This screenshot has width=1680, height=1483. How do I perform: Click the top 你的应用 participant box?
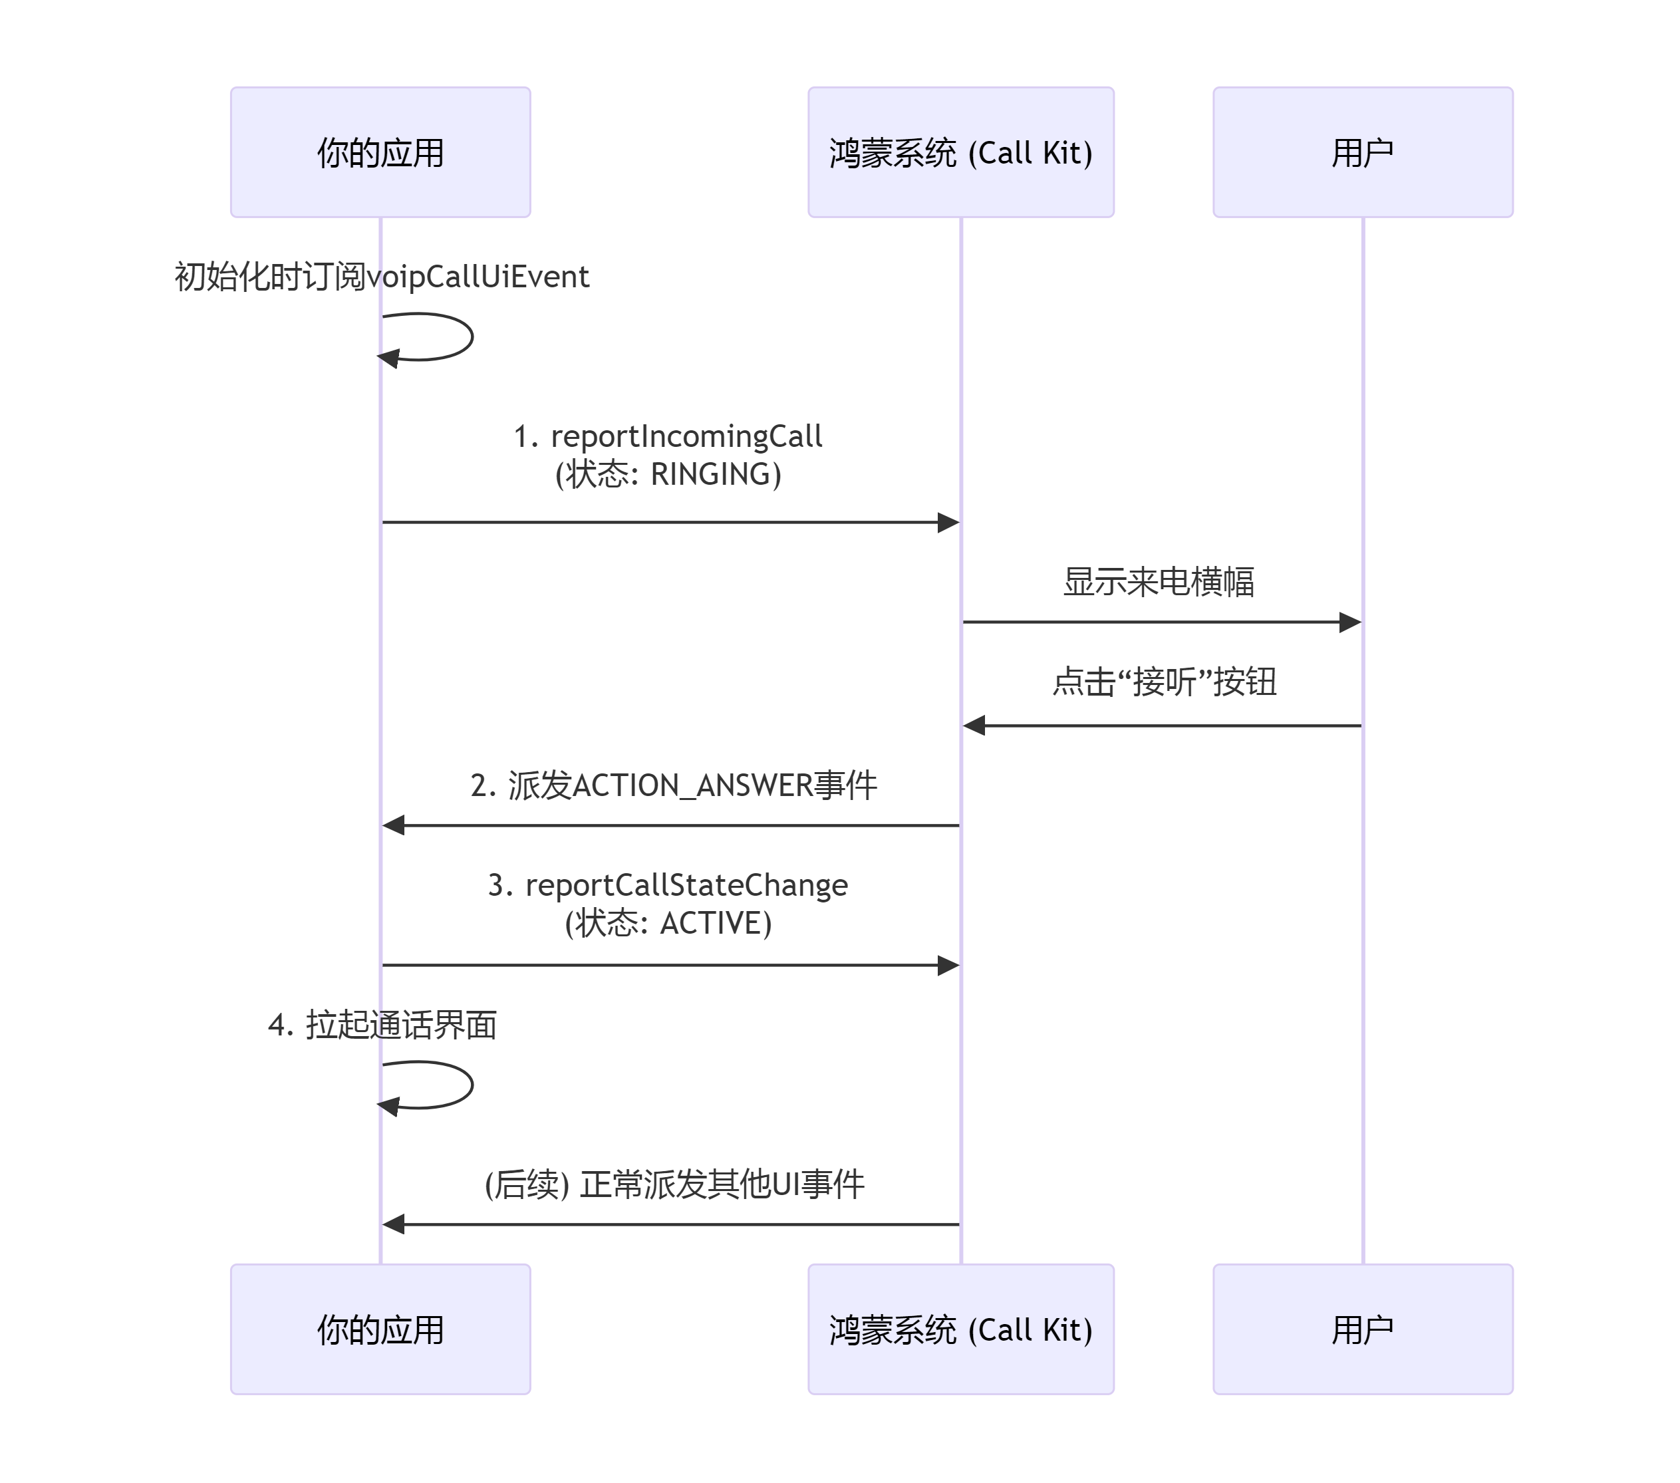pos(380,152)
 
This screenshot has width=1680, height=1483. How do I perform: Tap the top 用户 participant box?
pos(1362,152)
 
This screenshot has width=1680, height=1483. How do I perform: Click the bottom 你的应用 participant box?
pos(380,1329)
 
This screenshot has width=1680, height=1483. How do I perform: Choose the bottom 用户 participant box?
pos(1362,1329)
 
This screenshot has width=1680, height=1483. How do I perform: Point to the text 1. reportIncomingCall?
pos(667,436)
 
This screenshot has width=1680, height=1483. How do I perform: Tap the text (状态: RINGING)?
pos(667,474)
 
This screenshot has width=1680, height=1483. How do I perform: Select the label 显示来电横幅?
pos(1158,582)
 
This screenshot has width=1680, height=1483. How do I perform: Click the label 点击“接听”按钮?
pos(1164,682)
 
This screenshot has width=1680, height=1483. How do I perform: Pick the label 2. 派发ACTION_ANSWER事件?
pos(673,786)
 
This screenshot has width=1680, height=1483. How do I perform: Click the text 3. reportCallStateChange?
pos(667,885)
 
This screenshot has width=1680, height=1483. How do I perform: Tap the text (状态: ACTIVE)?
pos(667,923)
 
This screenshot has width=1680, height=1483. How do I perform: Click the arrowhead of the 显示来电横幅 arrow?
pos(1350,622)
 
